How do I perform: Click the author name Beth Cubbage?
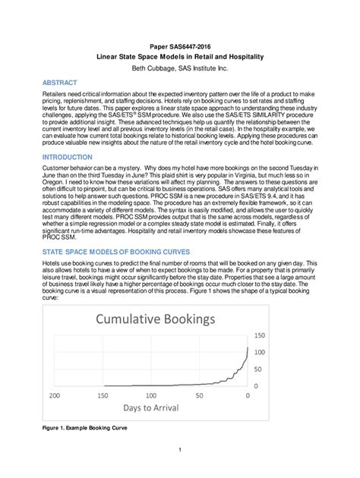pos(180,68)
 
